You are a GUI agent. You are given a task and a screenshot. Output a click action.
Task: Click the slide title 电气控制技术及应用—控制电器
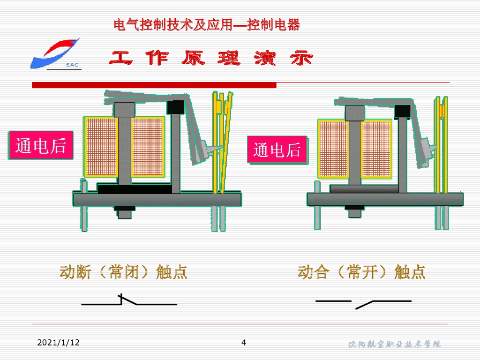tap(207, 25)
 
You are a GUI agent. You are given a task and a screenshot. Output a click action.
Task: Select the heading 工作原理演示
tap(211, 58)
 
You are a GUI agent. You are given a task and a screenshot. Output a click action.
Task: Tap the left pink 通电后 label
tap(41, 146)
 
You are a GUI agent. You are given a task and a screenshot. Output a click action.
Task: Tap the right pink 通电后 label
tap(277, 150)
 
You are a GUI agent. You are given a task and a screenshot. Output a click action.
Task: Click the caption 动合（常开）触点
tap(361, 272)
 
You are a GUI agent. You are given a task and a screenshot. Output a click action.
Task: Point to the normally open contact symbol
tap(363, 303)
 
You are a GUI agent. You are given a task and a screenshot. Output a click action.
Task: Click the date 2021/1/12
tap(58, 343)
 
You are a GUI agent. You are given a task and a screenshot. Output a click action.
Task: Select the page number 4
tap(243, 342)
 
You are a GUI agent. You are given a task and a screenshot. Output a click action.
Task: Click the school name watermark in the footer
tap(394, 345)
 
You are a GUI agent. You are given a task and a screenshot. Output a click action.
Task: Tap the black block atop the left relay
tap(176, 107)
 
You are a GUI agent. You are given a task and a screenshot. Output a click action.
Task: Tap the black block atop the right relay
tap(402, 111)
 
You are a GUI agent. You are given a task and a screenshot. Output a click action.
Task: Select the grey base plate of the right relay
tap(385, 199)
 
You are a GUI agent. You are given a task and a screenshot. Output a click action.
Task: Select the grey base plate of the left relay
tap(157, 200)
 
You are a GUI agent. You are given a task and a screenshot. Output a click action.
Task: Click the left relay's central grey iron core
tap(125, 150)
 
